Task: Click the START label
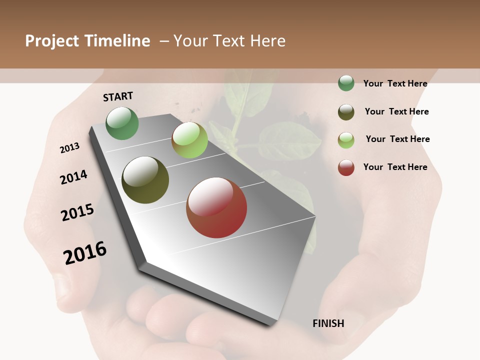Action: [118, 96]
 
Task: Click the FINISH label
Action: [328, 323]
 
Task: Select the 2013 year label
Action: [70, 148]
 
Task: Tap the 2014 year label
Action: [74, 177]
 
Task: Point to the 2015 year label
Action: [77, 212]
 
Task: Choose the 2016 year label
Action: [85, 252]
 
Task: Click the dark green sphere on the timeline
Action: [122, 123]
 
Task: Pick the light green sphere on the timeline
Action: [189, 140]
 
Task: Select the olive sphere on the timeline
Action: [145, 180]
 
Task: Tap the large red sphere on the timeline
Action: [216, 207]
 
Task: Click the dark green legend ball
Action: [346, 83]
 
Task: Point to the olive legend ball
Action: [346, 112]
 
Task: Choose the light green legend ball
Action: [346, 140]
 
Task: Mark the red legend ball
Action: [346, 167]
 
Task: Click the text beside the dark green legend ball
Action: [395, 83]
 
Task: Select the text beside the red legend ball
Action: [395, 167]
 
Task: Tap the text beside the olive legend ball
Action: [396, 111]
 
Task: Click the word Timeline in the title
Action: [117, 41]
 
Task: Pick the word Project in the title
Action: [52, 41]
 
